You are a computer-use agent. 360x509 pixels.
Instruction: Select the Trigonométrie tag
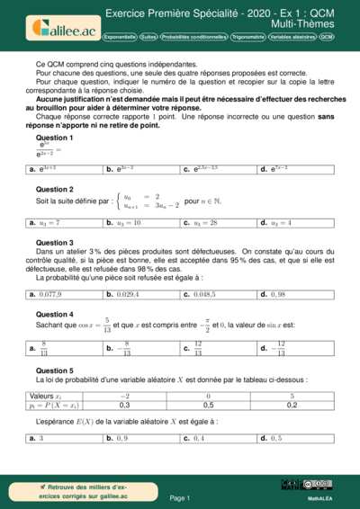click(247, 38)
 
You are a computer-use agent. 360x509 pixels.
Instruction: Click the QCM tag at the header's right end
click(326, 38)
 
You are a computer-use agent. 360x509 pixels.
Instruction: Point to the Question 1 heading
click(54, 137)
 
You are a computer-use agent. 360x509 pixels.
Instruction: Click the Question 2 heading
click(54, 190)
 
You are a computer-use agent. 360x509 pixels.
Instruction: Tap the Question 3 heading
click(54, 243)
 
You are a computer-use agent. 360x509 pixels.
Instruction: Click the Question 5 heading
click(54, 371)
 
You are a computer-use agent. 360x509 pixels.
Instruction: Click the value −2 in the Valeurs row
click(125, 396)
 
